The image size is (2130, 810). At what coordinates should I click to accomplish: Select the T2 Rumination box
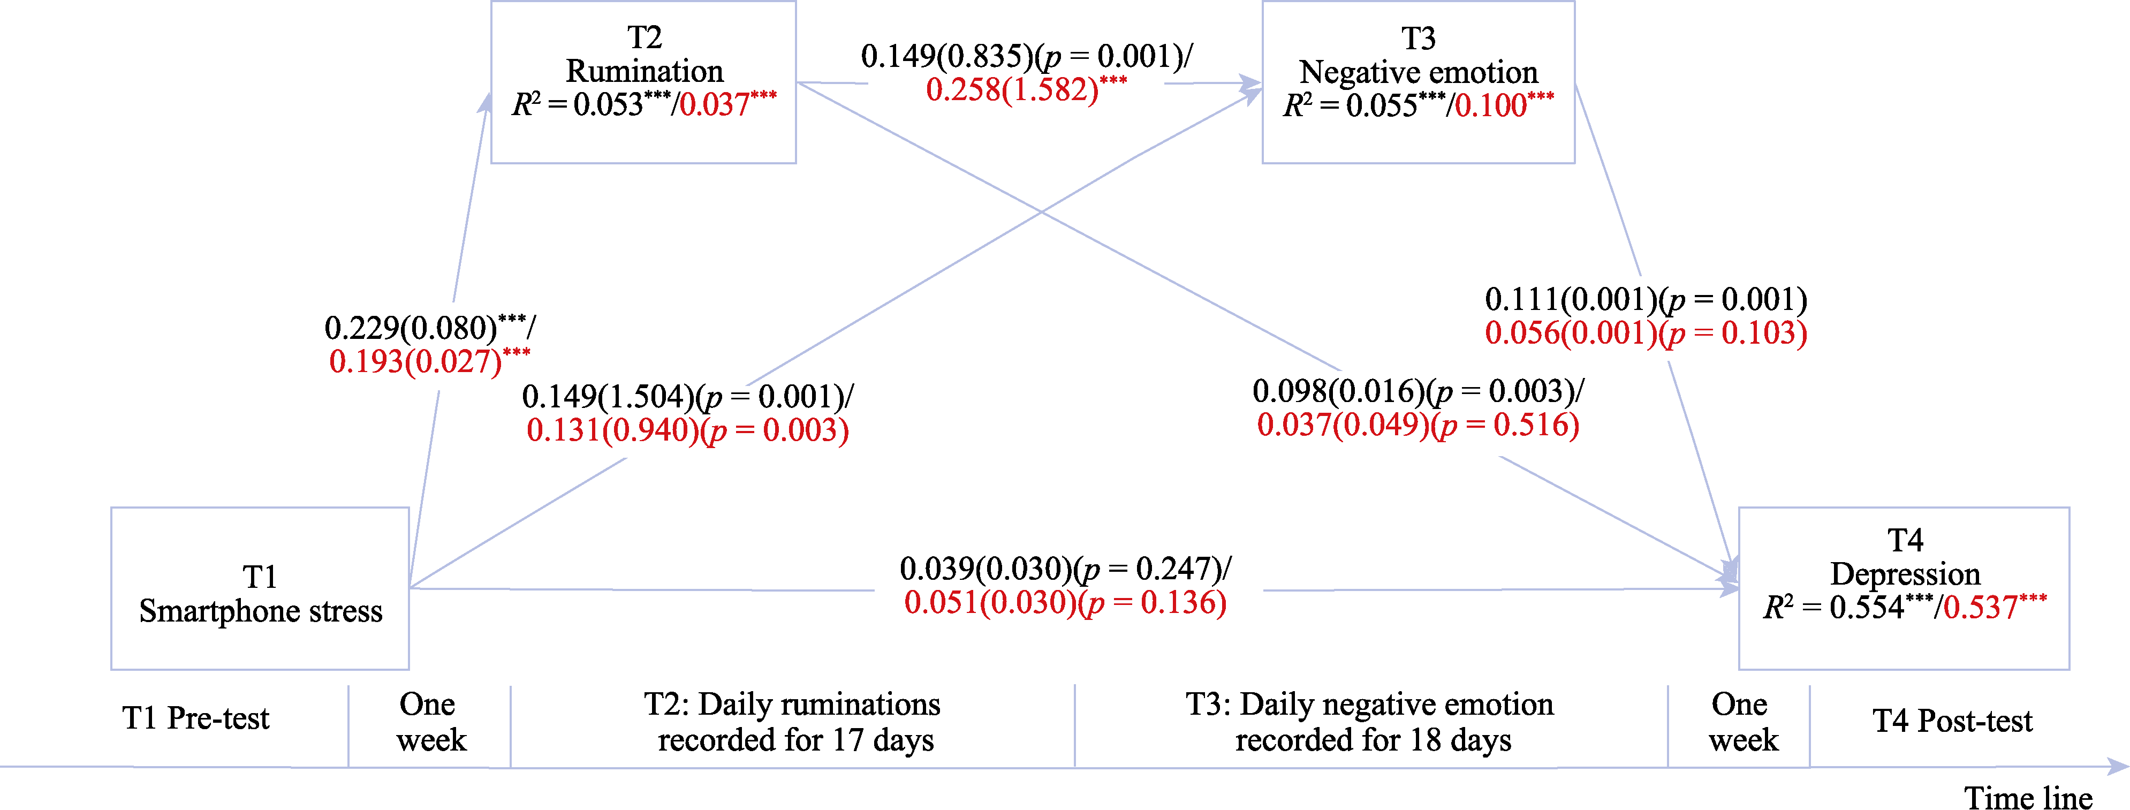point(643,82)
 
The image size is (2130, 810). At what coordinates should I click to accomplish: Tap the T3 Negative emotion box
point(1418,82)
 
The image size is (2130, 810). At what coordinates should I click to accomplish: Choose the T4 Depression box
point(1904,588)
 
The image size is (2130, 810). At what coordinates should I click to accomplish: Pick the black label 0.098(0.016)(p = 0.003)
point(1418,391)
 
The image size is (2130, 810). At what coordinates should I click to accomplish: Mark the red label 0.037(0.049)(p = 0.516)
point(1418,425)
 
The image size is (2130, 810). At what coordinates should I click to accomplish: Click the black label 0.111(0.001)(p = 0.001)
point(1646,299)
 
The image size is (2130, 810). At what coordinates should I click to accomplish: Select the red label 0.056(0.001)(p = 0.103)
point(1646,333)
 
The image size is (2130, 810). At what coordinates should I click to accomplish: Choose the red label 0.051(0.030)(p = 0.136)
point(1065,602)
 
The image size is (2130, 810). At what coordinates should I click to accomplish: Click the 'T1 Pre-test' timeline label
point(196,718)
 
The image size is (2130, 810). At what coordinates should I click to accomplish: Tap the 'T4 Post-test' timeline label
point(1952,721)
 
